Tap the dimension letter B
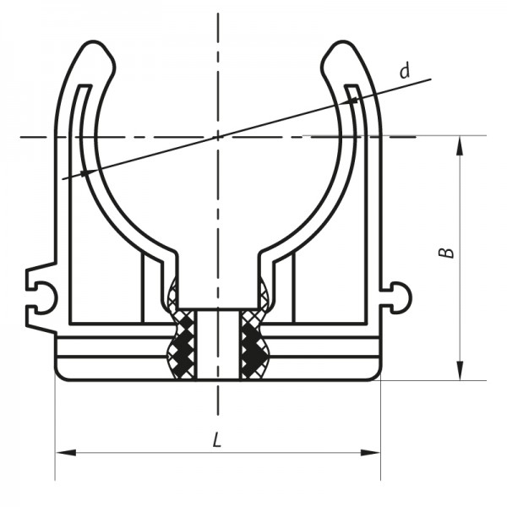(448, 253)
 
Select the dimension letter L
(217, 440)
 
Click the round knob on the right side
(401, 295)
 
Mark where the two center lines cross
(217, 136)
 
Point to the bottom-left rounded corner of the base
(61, 374)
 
